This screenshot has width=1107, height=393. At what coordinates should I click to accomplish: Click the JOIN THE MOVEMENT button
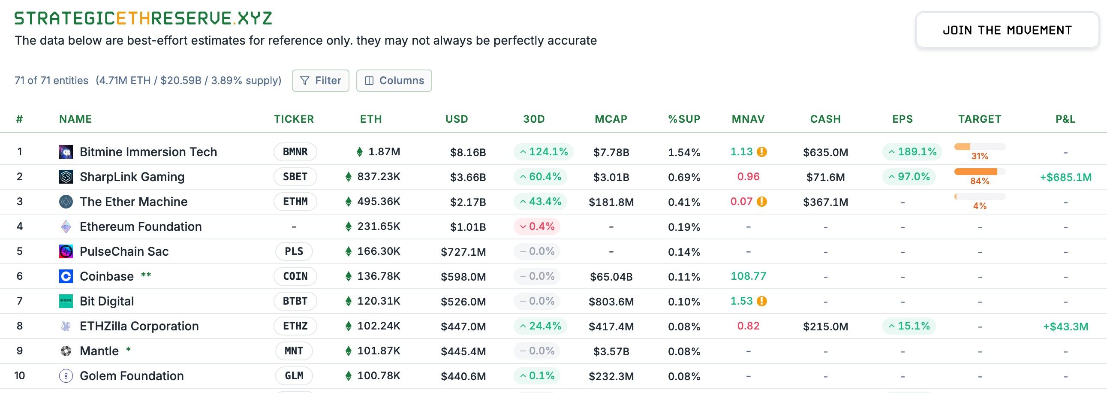point(1007,30)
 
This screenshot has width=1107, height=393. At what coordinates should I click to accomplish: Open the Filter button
point(321,80)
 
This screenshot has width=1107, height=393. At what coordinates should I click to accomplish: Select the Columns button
point(394,80)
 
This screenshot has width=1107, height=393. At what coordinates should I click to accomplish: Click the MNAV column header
point(748,119)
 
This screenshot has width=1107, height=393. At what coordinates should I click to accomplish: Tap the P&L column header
point(1065,119)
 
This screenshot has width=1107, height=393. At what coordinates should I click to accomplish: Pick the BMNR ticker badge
point(295,152)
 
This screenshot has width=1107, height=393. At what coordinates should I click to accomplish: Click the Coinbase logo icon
point(66,276)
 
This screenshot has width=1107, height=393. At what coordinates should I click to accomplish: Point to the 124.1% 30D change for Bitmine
point(544,152)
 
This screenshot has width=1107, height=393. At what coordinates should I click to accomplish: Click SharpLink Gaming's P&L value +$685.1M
point(1065,177)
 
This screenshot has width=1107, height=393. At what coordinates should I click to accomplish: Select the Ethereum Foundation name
point(141,227)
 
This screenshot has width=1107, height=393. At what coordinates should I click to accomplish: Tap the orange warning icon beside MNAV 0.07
point(762,202)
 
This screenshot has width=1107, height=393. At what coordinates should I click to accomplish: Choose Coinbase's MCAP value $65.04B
point(611,276)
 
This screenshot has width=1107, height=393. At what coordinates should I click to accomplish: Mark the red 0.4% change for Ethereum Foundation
point(537,227)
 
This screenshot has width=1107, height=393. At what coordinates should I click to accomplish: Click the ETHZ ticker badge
point(295,326)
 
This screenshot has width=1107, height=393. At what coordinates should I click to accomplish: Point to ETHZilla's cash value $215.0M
point(825,326)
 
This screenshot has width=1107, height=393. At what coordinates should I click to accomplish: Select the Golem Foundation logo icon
point(66,376)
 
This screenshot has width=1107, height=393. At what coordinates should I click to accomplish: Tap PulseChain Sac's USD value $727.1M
point(463,251)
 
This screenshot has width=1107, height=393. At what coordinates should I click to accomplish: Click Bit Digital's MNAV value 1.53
point(742,301)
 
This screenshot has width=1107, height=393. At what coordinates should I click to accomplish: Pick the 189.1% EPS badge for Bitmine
point(912,152)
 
